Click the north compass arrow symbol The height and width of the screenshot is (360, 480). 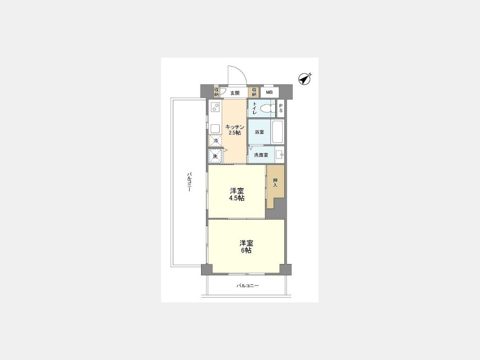tap(305, 79)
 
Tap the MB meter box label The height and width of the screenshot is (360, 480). tap(269, 92)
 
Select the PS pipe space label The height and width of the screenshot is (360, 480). tap(281, 108)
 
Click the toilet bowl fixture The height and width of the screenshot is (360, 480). tap(266, 108)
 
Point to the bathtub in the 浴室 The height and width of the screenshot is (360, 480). tap(278, 132)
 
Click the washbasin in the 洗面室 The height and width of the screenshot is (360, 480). tap(279, 155)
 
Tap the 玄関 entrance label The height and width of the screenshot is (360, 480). tap(235, 93)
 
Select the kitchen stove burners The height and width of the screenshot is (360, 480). tap(216, 107)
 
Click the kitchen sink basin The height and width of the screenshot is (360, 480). tap(216, 129)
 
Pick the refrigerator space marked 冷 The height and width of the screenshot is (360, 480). tap(215, 141)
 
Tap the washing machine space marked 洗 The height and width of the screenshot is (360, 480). tap(215, 156)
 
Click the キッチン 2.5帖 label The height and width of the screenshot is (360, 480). tap(235, 130)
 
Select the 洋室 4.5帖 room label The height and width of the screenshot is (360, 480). tap(237, 194)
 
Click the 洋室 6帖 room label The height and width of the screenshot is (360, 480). tap(246, 247)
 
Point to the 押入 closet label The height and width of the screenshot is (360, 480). tap(275, 183)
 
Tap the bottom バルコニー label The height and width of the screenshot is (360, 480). tap(247, 286)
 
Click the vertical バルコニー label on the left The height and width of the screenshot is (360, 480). tap(189, 182)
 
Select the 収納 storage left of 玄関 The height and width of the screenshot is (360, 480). tap(217, 92)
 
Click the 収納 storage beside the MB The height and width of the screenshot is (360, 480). tap(254, 92)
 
